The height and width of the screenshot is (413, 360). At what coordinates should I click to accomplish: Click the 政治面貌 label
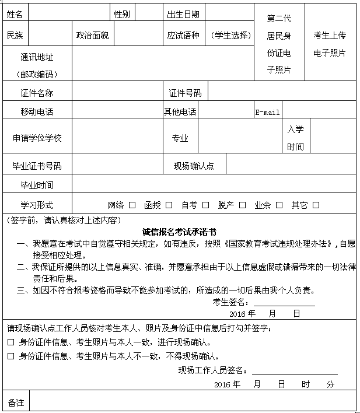tap(92, 36)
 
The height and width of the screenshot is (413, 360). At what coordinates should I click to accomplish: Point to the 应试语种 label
tap(183, 36)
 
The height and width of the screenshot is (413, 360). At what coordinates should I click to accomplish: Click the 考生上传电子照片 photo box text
tap(330, 44)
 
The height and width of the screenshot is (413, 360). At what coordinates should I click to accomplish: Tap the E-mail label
tap(268, 112)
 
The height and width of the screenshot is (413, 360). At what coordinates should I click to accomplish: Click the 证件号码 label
tap(185, 93)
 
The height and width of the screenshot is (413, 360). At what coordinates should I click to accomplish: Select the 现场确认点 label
tap(194, 166)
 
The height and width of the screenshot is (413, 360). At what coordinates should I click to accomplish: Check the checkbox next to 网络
tap(132, 205)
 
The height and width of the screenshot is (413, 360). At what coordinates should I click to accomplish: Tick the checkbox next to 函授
tap(169, 205)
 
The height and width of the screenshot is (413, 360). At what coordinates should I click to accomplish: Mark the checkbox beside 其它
tap(316, 205)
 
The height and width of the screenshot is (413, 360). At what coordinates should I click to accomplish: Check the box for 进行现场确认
tap(11, 342)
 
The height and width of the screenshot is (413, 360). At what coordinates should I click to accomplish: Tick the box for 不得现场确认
tap(11, 356)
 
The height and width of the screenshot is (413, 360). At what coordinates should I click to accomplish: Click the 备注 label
tap(16, 402)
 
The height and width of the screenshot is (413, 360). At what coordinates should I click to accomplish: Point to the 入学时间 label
tap(295, 138)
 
